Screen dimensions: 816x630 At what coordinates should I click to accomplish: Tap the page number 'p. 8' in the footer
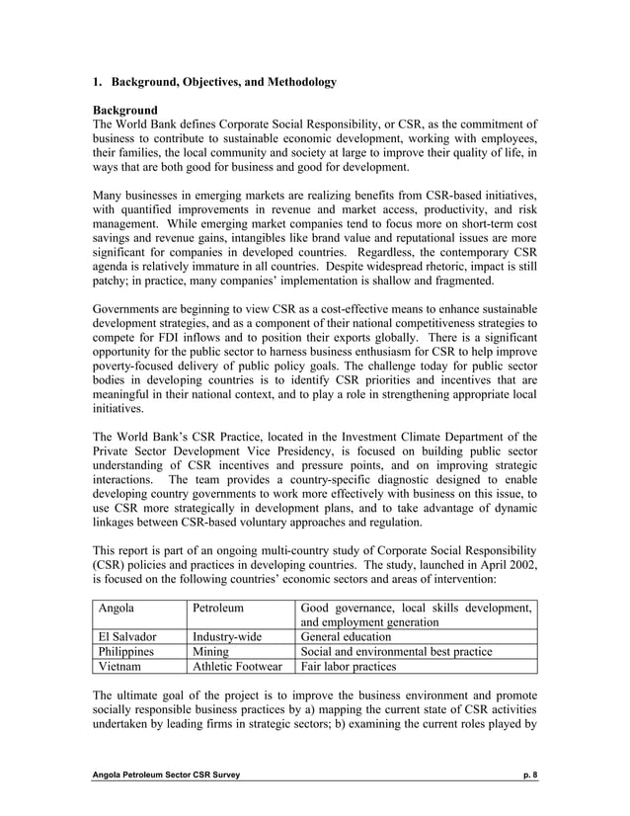[x=529, y=780]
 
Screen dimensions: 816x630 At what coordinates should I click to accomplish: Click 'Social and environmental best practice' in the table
[x=409, y=652]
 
